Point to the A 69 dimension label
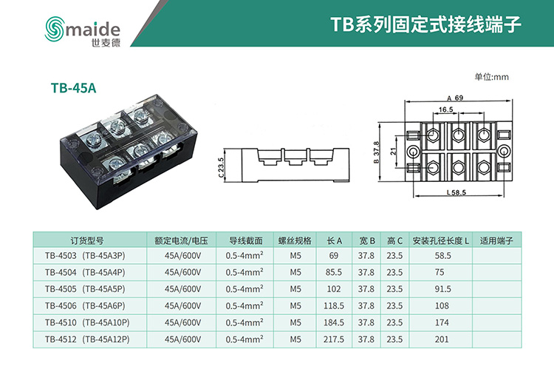(454, 97)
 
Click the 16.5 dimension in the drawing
(445, 109)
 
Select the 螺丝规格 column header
(295, 240)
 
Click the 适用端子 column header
(496, 240)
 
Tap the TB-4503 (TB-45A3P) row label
(86, 255)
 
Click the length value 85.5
(334, 272)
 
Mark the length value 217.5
(334, 339)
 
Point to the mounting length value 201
(442, 339)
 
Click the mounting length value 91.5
(442, 289)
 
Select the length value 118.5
(334, 305)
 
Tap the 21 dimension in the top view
(394, 151)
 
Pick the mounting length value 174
(442, 322)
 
